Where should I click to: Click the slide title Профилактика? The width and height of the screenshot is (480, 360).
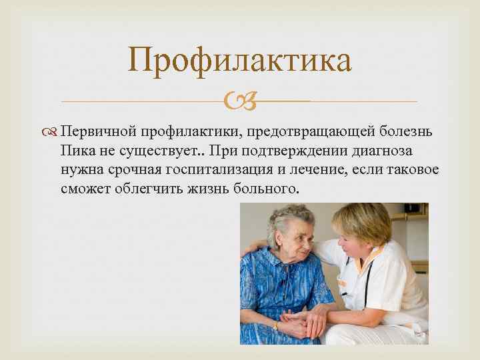pos(240,61)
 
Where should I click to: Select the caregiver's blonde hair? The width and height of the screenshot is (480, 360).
pos(360,219)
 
